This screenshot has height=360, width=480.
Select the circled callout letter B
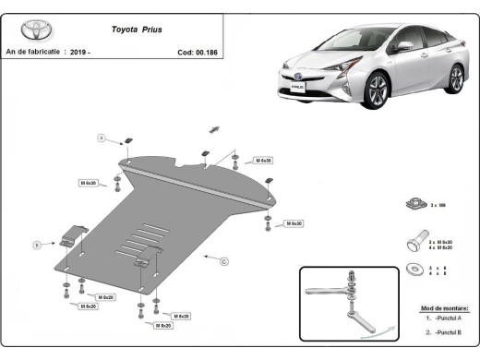coord(37,245)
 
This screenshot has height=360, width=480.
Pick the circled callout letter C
coord(223,261)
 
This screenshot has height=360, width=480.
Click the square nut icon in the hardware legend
coord(414,203)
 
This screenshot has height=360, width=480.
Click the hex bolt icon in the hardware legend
coord(415,245)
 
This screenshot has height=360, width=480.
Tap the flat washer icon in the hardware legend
coord(414,270)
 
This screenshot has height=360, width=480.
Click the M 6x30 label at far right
coord(294,223)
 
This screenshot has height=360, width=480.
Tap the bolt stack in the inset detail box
coord(351,287)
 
